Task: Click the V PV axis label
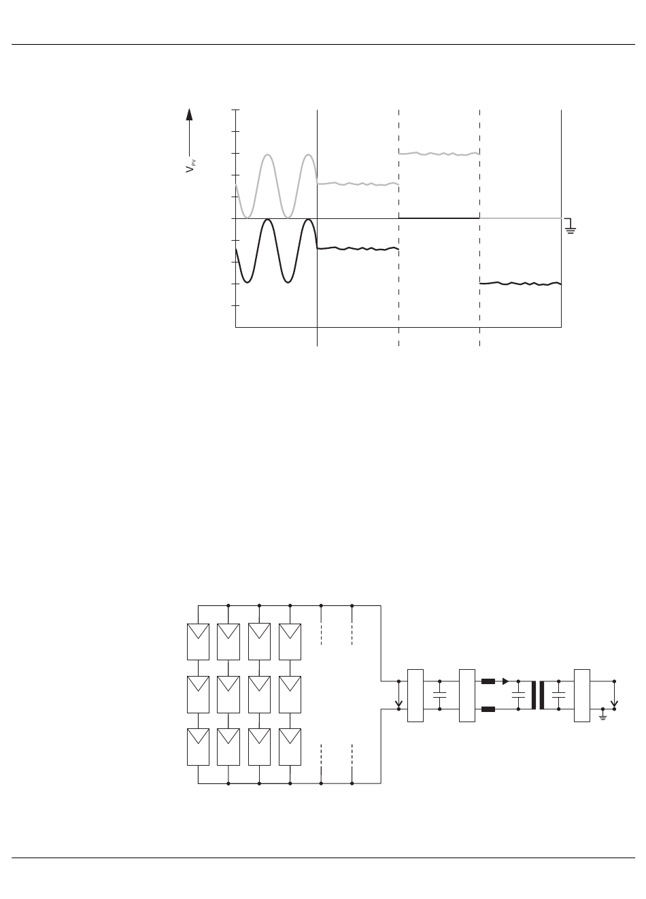[190, 165]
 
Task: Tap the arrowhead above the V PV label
[190, 114]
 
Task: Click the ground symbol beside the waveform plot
[571, 227]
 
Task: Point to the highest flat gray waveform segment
[439, 154]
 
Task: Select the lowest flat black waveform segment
[520, 283]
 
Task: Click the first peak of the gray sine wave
[268, 156]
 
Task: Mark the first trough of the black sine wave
[248, 282]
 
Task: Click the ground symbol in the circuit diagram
[602, 715]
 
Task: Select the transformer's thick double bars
[537, 695]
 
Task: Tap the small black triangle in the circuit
[505, 681]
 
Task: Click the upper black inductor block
[488, 681]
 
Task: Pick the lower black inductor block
[488, 709]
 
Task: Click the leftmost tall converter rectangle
[415, 695]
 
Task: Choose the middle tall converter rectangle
[467, 695]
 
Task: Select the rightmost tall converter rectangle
[581, 695]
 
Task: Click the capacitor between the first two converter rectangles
[439, 695]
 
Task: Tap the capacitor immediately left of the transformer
[518, 695]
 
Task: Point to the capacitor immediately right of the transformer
[559, 695]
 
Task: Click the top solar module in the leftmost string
[198, 642]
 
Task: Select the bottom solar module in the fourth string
[290, 746]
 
